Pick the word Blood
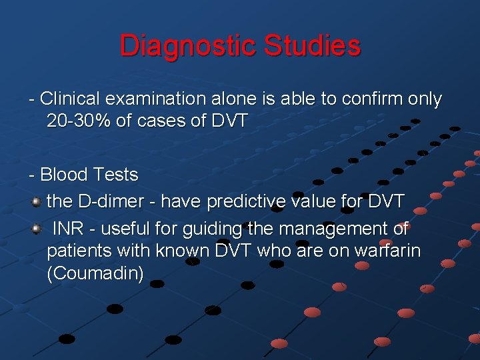tap(64, 175)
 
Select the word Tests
tap(116, 175)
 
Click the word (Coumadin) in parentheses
tap(95, 274)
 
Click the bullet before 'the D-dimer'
tap(37, 200)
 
